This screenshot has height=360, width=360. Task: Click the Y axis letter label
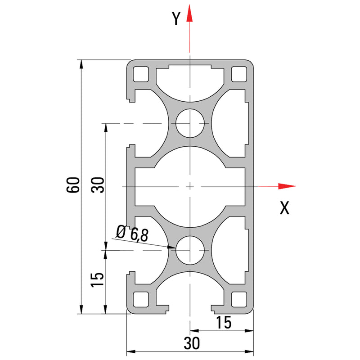[x=176, y=18]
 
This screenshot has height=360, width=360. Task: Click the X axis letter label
[x=284, y=208]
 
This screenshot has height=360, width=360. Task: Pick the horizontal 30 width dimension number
[x=191, y=343]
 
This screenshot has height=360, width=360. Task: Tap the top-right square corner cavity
[x=239, y=73]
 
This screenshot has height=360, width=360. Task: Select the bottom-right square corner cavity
[x=239, y=299]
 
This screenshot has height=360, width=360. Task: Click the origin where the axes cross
[x=190, y=186]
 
